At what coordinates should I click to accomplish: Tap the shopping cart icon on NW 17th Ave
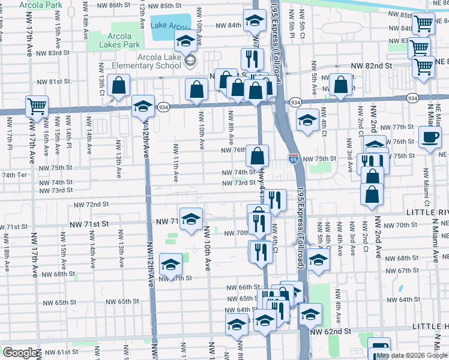pyautogui.click(x=37, y=106)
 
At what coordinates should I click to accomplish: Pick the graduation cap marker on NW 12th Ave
pyautogui.click(x=143, y=106)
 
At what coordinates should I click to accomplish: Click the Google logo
pyautogui.click(x=19, y=353)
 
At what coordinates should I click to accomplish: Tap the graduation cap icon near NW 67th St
pyautogui.click(x=171, y=265)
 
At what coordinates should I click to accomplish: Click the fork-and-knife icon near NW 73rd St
pyautogui.click(x=275, y=200)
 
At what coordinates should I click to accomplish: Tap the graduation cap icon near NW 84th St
pyautogui.click(x=255, y=20)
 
